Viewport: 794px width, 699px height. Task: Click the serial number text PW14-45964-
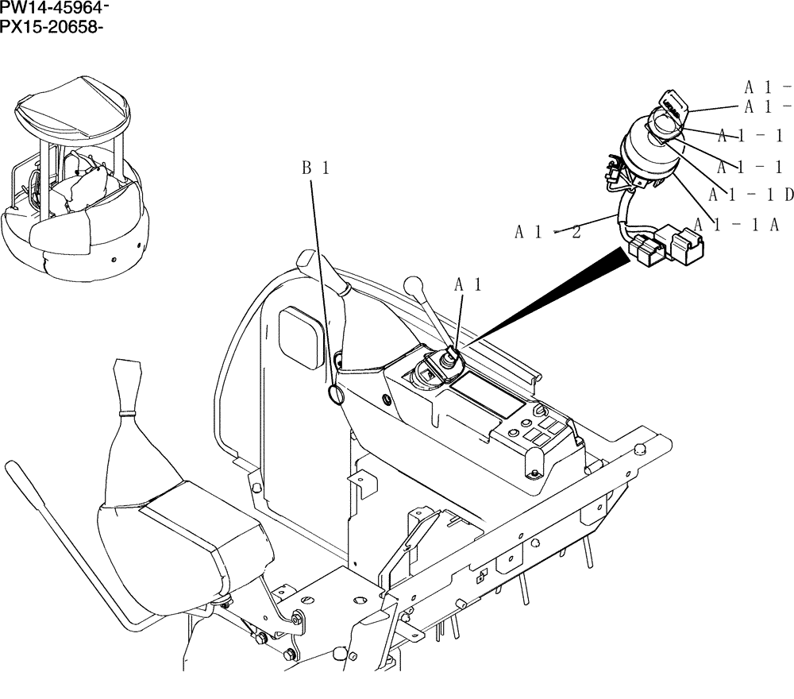55,9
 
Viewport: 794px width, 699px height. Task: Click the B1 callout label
315,168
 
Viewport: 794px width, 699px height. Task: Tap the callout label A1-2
547,232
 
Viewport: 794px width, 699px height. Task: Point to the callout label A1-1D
751,195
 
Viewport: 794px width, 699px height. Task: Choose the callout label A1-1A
735,225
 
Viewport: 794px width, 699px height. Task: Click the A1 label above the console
468,284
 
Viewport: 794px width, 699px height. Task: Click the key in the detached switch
670,102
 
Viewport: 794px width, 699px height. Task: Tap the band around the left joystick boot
127,414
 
